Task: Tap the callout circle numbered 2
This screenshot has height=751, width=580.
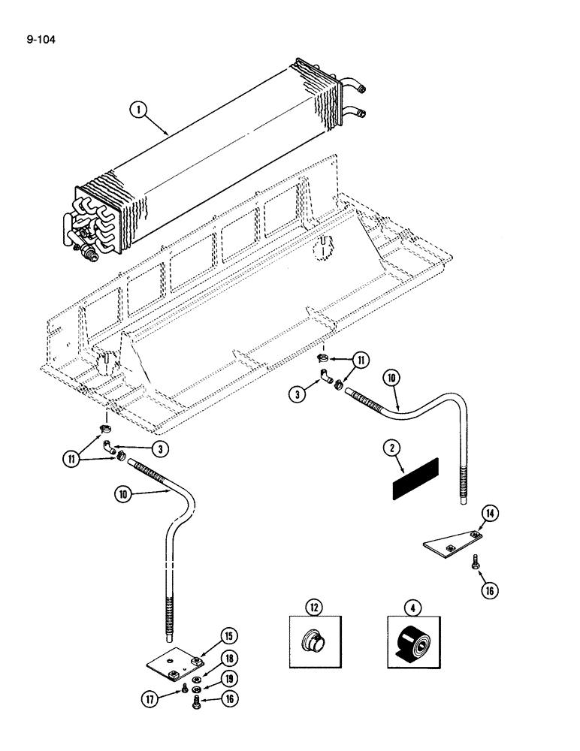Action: (391, 449)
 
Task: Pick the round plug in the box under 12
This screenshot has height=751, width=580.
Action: (314, 643)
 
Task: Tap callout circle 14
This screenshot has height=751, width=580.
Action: (490, 514)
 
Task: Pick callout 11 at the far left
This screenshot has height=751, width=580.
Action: (74, 458)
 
